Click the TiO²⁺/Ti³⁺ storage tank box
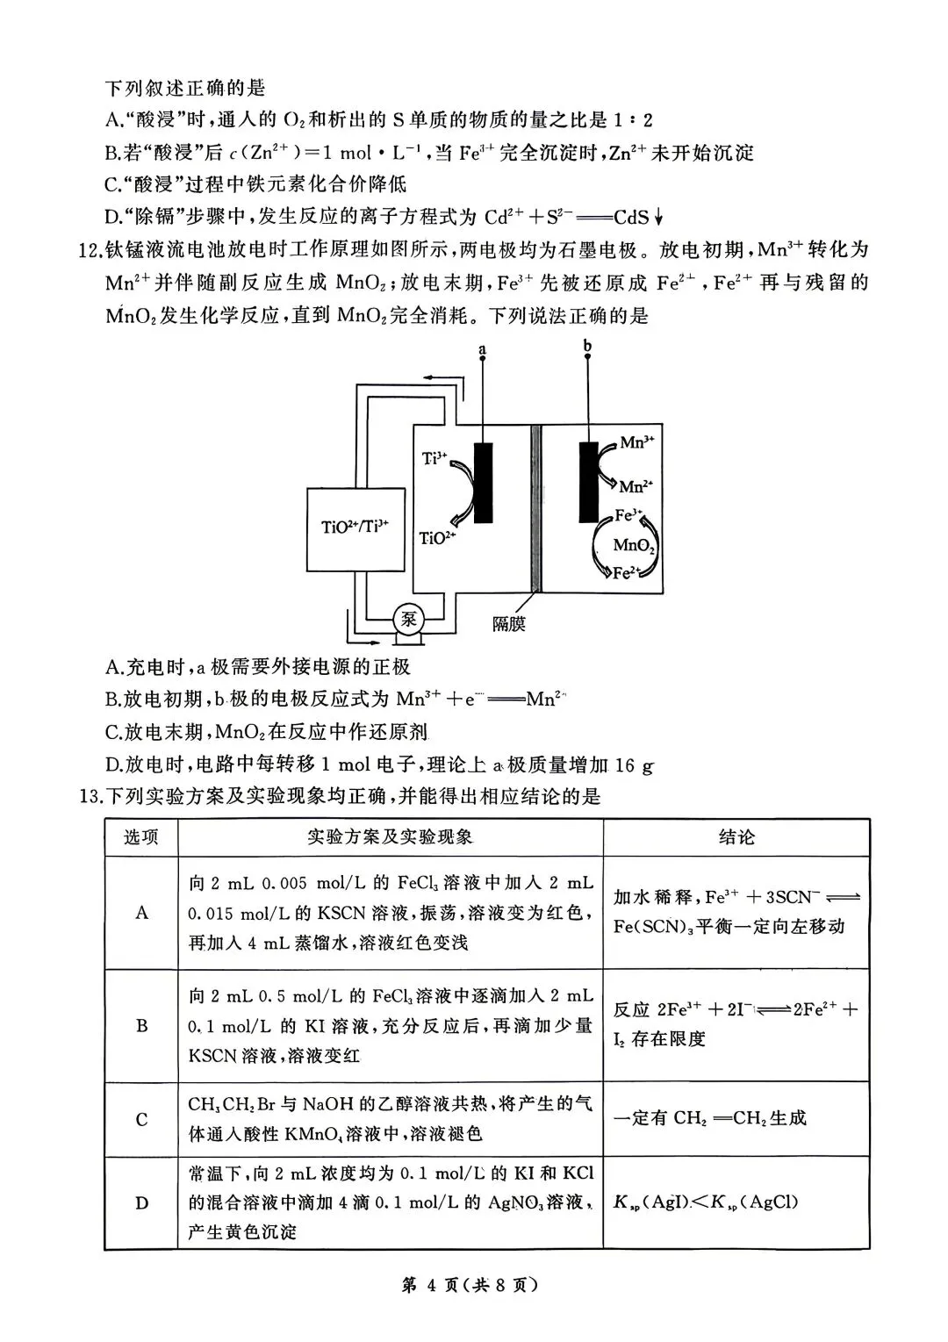355,527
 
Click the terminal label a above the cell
482,351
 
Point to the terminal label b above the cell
587,347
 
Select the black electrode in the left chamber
483,483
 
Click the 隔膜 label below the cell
509,624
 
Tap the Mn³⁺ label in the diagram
637,442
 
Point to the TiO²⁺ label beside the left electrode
438,538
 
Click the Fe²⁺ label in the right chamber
625,573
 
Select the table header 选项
141,837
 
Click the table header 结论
736,837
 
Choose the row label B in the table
141,1025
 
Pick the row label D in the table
141,1202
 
